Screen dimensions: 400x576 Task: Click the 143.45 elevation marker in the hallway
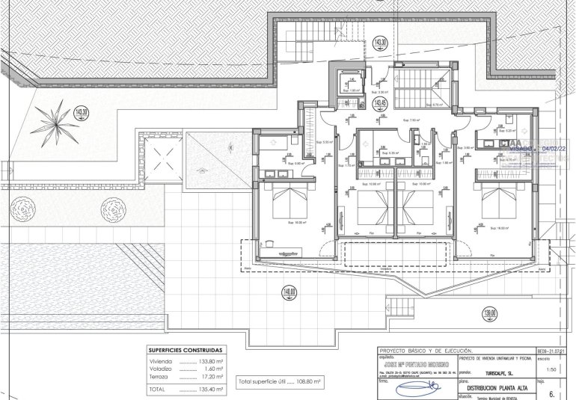pyautogui.click(x=381, y=103)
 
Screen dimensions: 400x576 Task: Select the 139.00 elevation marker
pyautogui.click(x=489, y=313)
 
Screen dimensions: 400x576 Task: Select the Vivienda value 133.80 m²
pyautogui.click(x=212, y=361)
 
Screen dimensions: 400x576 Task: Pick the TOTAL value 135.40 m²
pyautogui.click(x=212, y=390)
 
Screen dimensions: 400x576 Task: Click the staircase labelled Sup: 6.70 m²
pyautogui.click(x=420, y=90)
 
